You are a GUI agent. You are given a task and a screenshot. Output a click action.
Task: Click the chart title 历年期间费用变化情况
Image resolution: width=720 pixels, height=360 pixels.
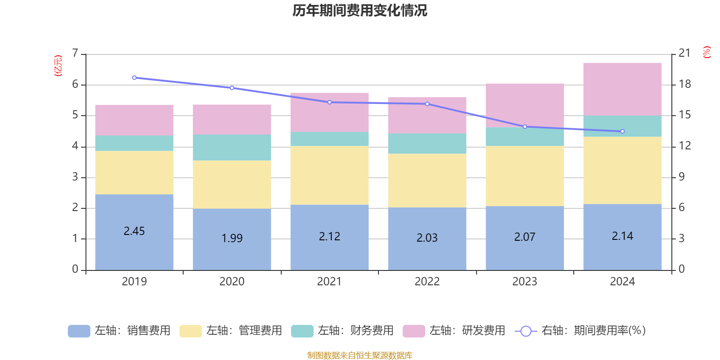coord(360,11)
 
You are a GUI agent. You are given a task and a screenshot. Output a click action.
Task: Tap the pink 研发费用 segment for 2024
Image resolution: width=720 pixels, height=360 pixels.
coord(622,89)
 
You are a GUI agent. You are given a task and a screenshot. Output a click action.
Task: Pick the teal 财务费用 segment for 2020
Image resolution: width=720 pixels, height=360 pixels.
coord(232,148)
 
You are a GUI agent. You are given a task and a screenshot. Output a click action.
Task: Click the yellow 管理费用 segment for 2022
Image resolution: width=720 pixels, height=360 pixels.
coord(427,180)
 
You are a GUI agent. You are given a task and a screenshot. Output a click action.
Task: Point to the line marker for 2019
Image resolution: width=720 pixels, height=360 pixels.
coord(134,78)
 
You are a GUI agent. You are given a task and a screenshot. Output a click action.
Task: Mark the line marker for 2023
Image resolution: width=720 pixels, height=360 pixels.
coord(525,127)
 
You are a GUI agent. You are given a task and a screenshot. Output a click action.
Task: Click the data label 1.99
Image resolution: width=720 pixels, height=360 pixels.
coord(232,238)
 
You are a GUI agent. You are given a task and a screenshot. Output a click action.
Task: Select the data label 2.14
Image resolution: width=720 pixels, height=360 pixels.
coord(622,236)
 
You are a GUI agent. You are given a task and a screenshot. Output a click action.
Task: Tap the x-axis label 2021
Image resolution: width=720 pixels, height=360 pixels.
coord(329,282)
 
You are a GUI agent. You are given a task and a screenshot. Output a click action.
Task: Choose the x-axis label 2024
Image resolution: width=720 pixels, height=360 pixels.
coord(622,282)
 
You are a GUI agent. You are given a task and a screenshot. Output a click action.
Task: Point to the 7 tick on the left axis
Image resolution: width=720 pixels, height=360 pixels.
coord(75,54)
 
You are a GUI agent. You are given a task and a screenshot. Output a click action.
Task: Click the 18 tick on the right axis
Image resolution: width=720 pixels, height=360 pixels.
coord(684,84)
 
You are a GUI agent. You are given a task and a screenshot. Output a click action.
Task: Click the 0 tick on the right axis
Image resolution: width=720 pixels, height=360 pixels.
coord(681,269)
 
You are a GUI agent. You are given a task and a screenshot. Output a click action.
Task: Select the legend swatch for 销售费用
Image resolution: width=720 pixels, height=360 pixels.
coord(79,331)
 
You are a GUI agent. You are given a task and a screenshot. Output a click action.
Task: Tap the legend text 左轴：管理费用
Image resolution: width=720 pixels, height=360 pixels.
coord(244,331)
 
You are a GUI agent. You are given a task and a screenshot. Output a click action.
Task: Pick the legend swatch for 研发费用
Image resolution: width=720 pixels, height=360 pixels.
coord(414,331)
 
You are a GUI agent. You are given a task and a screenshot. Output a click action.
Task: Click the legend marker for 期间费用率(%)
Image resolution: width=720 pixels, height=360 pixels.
coord(525,331)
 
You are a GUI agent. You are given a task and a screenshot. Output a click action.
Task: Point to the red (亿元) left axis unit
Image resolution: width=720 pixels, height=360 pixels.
coord(58,66)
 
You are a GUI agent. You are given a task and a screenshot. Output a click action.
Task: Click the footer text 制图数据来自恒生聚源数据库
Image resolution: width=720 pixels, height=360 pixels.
coord(360,355)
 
